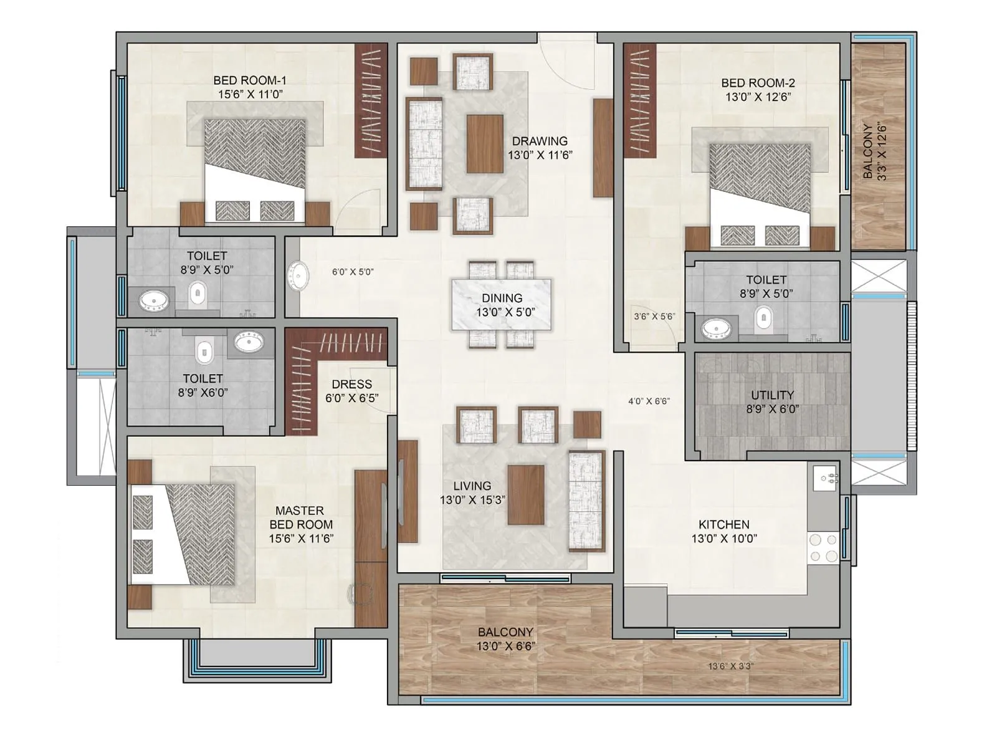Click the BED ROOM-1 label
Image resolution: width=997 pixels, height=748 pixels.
click(249, 80)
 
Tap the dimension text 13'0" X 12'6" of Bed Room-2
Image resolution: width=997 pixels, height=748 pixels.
click(758, 97)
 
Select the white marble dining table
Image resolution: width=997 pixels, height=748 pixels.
click(502, 305)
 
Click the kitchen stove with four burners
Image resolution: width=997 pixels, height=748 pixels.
click(823, 548)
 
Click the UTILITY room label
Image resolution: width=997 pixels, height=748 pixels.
click(772, 395)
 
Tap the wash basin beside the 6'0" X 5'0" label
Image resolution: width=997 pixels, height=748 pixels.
click(298, 276)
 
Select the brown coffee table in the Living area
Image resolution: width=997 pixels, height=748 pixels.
click(526, 494)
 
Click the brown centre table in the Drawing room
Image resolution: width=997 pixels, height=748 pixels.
click(485, 143)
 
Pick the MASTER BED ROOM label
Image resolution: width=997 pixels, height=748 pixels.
click(300, 517)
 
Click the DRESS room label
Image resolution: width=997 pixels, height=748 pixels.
click(351, 385)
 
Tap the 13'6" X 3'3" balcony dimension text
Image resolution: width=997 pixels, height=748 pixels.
click(730, 666)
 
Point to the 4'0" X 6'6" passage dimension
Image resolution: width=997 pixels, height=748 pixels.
click(649, 401)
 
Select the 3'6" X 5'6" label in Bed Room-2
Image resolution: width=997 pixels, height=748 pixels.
click(654, 317)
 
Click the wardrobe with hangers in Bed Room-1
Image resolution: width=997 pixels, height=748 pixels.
click(371, 100)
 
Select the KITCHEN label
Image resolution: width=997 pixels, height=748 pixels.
click(723, 525)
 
